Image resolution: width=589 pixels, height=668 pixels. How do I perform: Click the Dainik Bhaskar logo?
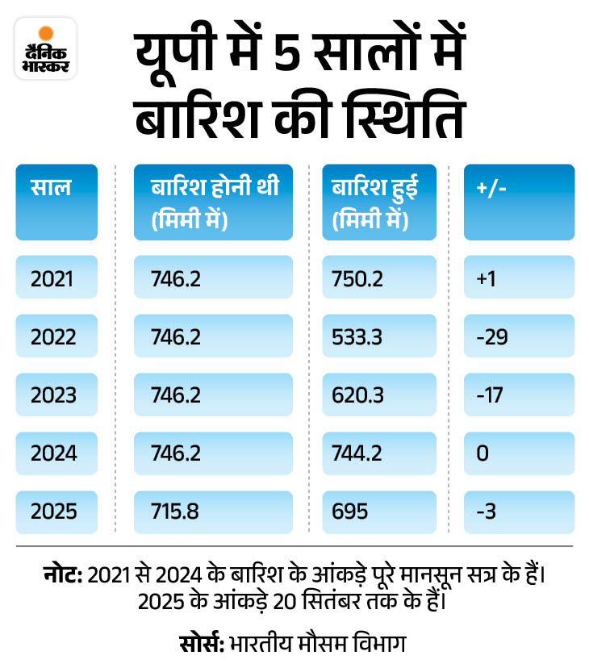[x=45, y=51]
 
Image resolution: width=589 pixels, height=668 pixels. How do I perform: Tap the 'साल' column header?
[x=56, y=202]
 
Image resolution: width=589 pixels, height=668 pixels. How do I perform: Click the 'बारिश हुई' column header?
[x=378, y=202]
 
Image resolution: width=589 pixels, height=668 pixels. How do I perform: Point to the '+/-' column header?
[x=519, y=202]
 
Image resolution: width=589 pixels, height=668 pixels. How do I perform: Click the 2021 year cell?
[x=56, y=278]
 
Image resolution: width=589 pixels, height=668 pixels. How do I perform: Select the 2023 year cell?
[x=56, y=395]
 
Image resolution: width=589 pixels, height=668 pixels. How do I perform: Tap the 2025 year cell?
[x=56, y=511]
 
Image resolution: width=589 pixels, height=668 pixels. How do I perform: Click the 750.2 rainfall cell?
[x=378, y=278]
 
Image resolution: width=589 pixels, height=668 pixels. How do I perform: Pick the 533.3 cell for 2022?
[x=378, y=336]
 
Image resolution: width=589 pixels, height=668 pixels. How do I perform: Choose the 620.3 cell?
[x=378, y=395]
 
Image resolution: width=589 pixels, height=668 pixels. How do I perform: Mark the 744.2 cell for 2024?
[x=378, y=453]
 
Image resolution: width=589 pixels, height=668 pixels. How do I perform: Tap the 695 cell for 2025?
[x=378, y=511]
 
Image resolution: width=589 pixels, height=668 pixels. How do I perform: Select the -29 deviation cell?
[x=519, y=336]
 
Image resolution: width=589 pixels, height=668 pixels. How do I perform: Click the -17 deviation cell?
[x=519, y=395]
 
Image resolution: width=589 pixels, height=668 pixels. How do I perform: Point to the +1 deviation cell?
[x=519, y=278]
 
